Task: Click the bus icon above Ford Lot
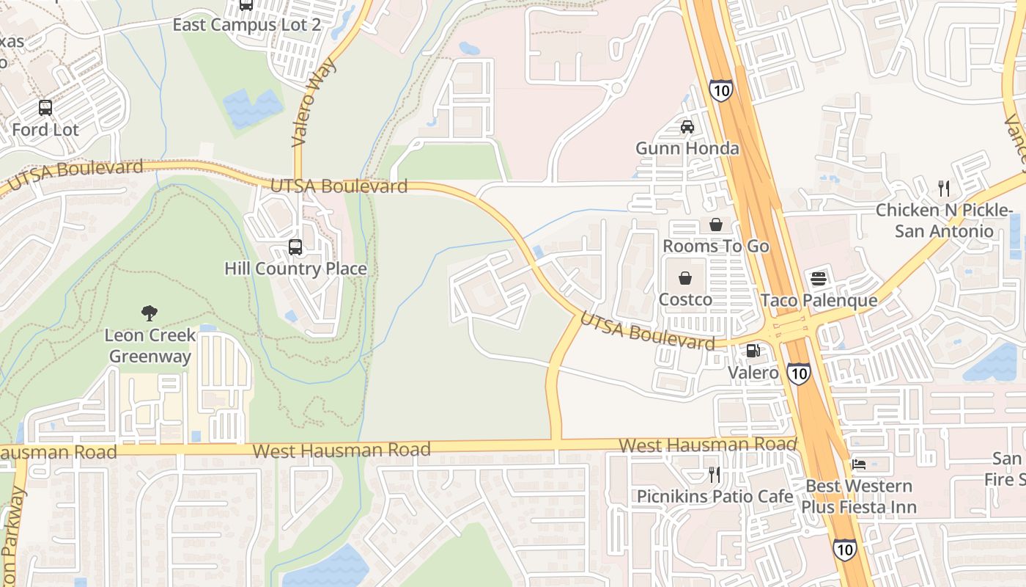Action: [45, 108]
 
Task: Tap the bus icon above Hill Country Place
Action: [295, 247]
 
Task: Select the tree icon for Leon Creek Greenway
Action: [150, 313]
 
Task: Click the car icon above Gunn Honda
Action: [687, 127]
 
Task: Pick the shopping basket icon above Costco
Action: [685, 278]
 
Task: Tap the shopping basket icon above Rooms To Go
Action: [715, 225]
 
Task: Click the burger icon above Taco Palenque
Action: [819, 279]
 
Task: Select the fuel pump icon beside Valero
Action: [753, 351]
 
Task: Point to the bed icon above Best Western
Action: [858, 464]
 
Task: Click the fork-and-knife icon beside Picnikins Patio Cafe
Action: [715, 475]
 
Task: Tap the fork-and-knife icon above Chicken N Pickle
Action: [944, 189]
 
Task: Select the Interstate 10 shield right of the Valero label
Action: [799, 373]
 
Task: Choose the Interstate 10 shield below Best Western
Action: [844, 550]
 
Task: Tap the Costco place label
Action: [685, 299]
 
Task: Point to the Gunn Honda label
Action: [687, 148]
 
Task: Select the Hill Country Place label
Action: [295, 269]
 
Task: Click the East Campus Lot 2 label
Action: [246, 25]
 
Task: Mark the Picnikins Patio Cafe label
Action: [715, 497]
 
